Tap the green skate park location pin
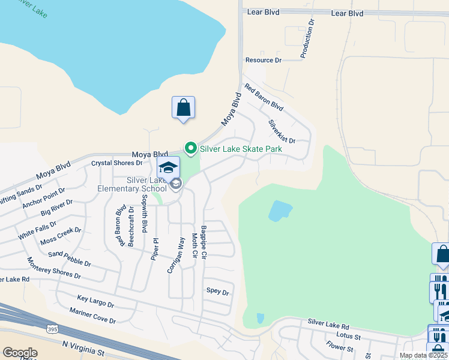pyautogui.click(x=191, y=147)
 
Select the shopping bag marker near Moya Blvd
pyautogui.click(x=183, y=108)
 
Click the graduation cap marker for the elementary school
pyautogui.click(x=169, y=167)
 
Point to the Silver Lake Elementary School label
pyautogui.click(x=132, y=184)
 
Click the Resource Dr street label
pyautogui.click(x=263, y=61)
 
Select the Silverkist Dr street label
pyautogui.click(x=282, y=131)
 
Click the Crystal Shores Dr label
pyautogui.click(x=116, y=163)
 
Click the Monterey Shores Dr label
pyautogui.click(x=54, y=268)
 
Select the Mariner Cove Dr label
pyautogui.click(x=92, y=316)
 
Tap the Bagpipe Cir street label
pyautogui.click(x=204, y=242)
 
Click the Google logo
pyautogui.click(x=20, y=353)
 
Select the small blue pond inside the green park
pyautogui.click(x=280, y=211)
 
